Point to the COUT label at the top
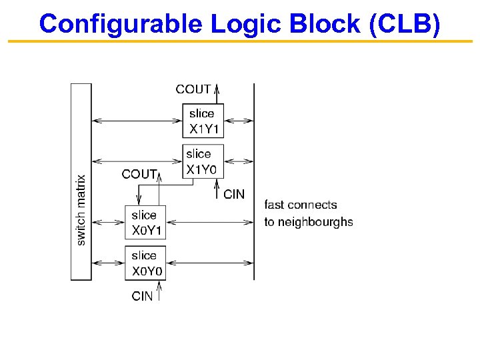193,89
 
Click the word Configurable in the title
121,24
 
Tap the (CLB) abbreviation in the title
403,24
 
